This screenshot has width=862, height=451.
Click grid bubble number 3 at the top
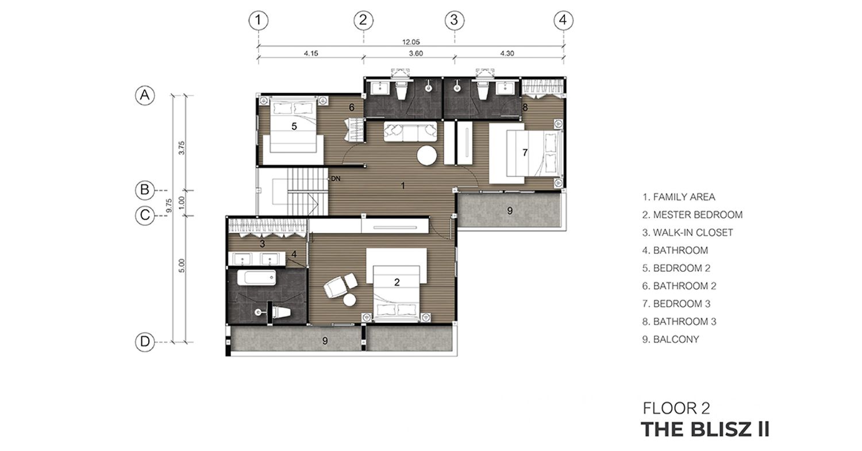pos(454,20)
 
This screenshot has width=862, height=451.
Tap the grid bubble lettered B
pos(145,190)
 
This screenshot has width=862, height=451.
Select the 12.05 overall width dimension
pos(411,42)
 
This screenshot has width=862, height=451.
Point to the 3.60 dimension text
pos(415,53)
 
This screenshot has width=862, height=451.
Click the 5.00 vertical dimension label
pos(182,266)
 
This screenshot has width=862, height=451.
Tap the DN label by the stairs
pos(336,179)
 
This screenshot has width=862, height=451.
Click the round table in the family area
pos(427,156)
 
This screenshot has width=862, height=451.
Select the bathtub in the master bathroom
pos(256,278)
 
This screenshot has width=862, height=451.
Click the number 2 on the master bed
pos(397,283)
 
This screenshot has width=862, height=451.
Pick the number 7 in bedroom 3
pos(525,153)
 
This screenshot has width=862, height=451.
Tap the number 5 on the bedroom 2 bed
pos(294,126)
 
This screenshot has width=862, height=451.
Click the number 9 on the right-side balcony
pos(510,210)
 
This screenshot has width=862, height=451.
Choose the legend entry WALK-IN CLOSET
pos(688,233)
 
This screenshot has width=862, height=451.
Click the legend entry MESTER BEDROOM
pos(692,215)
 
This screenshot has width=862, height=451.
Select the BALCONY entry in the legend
pos(671,340)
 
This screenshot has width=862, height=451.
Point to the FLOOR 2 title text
pos(676,408)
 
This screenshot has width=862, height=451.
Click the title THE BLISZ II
pos(705,429)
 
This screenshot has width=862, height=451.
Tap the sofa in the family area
pos(410,132)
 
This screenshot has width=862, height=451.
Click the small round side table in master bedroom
pos(350,300)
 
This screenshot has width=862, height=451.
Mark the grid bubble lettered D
pos(145,342)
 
